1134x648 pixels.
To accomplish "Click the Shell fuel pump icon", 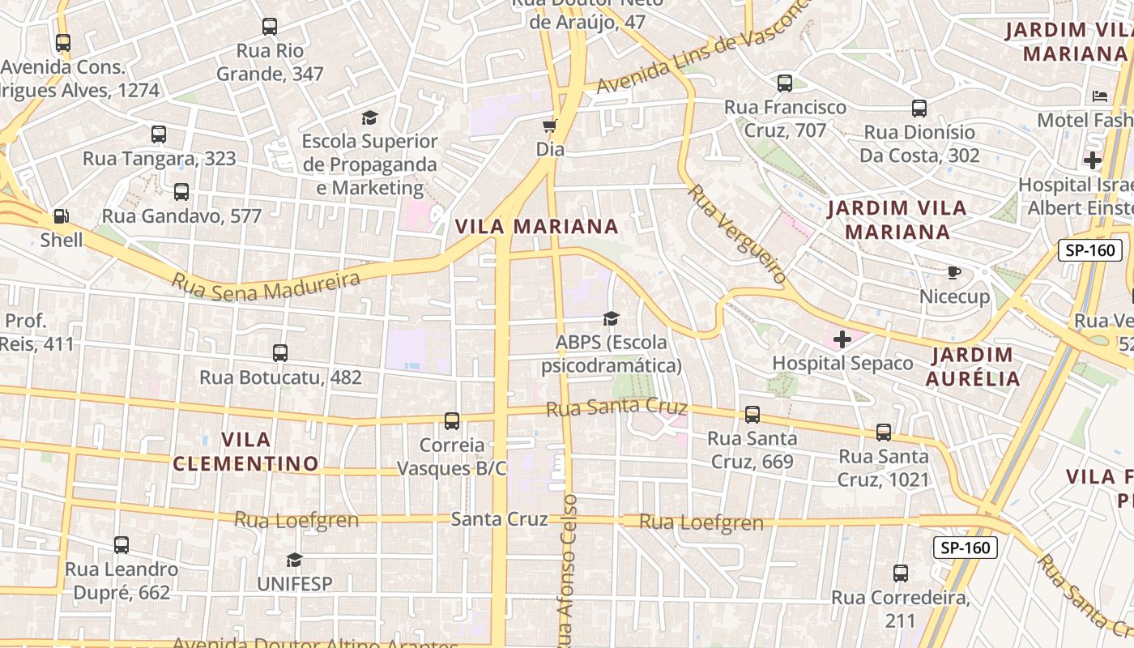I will [x=61, y=216].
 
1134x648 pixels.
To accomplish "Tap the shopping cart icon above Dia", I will [x=550, y=126].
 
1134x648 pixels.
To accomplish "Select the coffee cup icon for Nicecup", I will [x=954, y=272].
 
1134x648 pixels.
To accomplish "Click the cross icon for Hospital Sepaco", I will [x=842, y=339].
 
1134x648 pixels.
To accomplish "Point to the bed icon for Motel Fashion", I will [x=1100, y=96].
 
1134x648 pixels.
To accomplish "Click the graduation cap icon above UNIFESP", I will [x=294, y=560].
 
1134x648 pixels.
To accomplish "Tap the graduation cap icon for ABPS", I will [x=611, y=318].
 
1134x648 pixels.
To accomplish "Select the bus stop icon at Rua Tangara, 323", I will [x=159, y=134].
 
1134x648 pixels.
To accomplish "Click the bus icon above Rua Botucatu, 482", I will [x=280, y=353].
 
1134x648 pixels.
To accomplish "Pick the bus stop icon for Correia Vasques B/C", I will [x=452, y=421].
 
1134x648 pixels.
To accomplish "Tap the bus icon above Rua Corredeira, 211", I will [x=901, y=573].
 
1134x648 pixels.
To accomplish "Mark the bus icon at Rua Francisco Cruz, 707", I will [x=784, y=83].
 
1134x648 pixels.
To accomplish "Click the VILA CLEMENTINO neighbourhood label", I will [x=245, y=451].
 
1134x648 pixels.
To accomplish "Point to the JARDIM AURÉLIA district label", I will [x=972, y=366].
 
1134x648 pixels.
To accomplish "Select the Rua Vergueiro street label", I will [x=737, y=233].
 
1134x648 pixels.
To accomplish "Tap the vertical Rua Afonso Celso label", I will [x=567, y=567].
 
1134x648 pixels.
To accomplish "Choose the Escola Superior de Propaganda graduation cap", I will [x=369, y=117].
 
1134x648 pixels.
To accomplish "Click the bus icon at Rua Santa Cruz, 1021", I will [x=883, y=433].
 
